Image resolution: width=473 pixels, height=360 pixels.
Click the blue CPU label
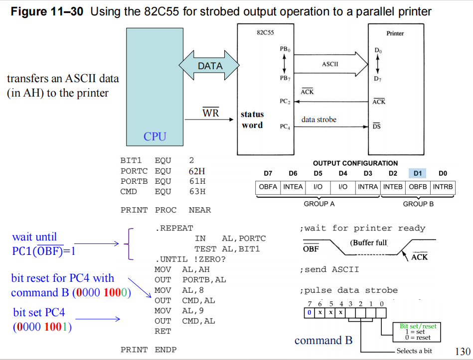pyautogui.click(x=155, y=136)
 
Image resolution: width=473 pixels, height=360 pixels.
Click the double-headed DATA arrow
pyautogui.click(x=209, y=66)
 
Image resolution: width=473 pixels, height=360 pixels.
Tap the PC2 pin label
pyautogui.click(x=285, y=102)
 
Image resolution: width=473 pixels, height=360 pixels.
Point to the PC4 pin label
pyautogui.click(x=285, y=126)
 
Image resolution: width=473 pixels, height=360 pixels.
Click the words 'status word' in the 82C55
pyautogui.click(x=252, y=120)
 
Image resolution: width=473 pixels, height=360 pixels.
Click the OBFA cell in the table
pyautogui.click(x=268, y=187)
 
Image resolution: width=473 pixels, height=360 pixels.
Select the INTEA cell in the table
pyautogui.click(x=293, y=187)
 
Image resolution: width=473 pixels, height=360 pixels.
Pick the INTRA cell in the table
pyautogui.click(x=368, y=187)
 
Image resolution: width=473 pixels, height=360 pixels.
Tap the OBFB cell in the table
pyautogui.click(x=418, y=187)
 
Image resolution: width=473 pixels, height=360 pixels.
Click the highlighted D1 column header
pyautogui.click(x=418, y=173)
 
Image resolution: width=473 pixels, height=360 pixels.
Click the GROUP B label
pyautogui.click(x=418, y=204)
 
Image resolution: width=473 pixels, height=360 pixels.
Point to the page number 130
pyautogui.click(x=463, y=351)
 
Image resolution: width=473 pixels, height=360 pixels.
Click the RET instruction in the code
pyautogui.click(x=162, y=331)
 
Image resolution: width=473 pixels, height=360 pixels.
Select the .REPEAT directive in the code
pyautogui.click(x=173, y=228)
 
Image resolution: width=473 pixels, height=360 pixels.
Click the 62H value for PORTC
pyautogui.click(x=197, y=171)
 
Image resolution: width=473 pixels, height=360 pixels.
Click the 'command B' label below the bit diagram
pyautogui.click(x=323, y=341)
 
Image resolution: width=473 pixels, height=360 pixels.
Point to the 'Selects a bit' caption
pyautogui.click(x=414, y=351)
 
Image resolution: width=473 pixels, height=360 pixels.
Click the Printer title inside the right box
pyautogui.click(x=395, y=33)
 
